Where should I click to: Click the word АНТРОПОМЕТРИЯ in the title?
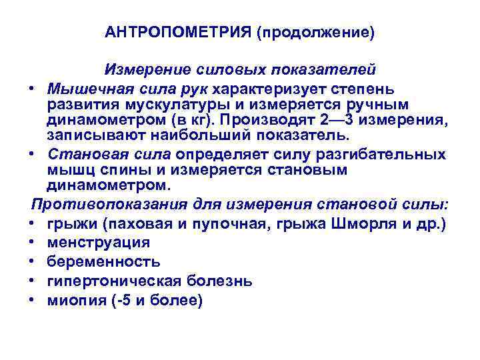(x=177, y=33)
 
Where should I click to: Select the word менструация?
(x=99, y=242)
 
